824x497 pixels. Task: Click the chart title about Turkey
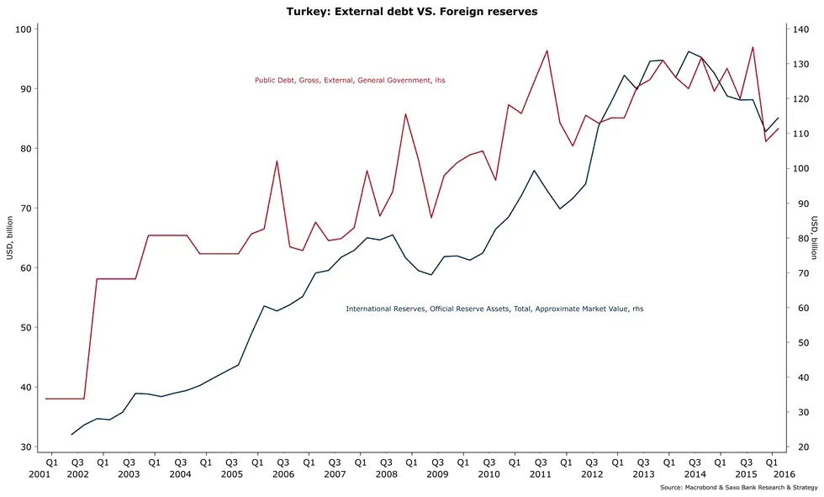(x=411, y=12)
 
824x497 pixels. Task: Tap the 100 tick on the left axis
(x=22, y=29)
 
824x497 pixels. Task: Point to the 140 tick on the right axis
(x=801, y=29)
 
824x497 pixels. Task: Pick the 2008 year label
(x=386, y=475)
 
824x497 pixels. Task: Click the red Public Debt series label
(x=350, y=81)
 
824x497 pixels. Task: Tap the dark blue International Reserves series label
(x=494, y=309)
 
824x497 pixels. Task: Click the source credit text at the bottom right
(x=737, y=488)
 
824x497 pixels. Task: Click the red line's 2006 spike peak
(x=277, y=161)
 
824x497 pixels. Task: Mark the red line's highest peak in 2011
(x=547, y=50)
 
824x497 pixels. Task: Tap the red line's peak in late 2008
(x=405, y=114)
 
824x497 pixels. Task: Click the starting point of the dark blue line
(x=71, y=434)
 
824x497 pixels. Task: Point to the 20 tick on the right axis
(x=799, y=447)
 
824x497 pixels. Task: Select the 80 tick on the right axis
(x=799, y=239)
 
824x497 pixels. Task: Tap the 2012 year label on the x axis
(x=592, y=475)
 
